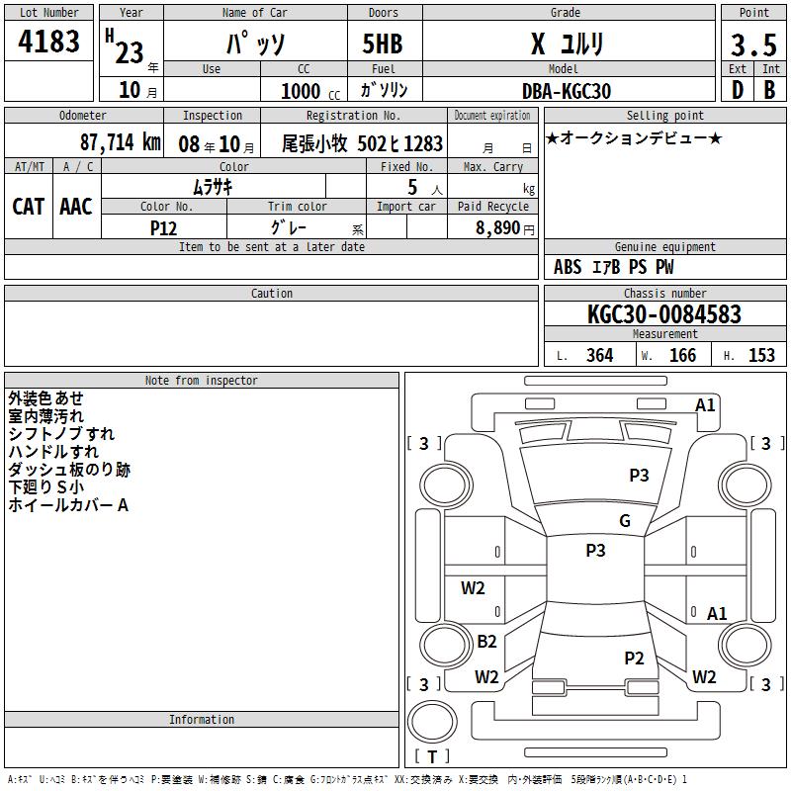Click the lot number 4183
click(48, 41)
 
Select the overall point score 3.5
click(753, 44)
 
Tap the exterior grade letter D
click(738, 90)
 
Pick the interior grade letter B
click(769, 90)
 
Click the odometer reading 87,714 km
click(120, 142)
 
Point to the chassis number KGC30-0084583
click(664, 314)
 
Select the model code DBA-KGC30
click(567, 91)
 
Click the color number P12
click(163, 228)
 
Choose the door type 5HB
click(383, 44)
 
